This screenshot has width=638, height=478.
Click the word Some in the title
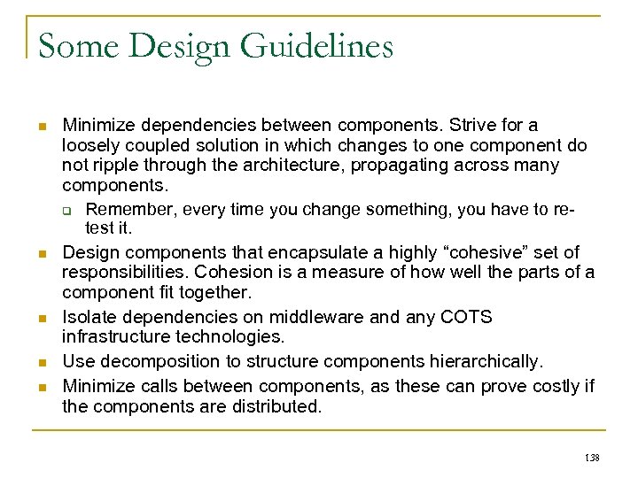[78, 46]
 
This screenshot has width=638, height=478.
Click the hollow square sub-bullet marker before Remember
[77, 210]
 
